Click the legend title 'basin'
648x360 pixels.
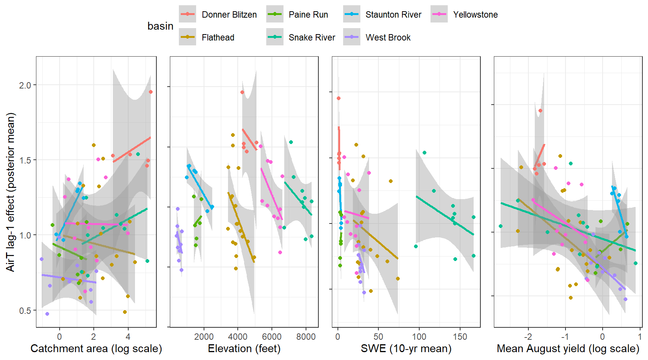[160, 26]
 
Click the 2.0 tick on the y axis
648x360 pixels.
[25, 85]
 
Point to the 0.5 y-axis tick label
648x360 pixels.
[25, 310]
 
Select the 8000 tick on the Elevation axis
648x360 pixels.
[306, 337]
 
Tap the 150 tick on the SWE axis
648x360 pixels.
[460, 337]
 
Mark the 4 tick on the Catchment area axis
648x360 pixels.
[128, 337]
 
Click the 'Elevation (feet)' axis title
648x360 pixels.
[244, 349]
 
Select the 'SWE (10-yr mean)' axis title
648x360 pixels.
[406, 349]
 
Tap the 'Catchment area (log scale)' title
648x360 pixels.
[96, 349]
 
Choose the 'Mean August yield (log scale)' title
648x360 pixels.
[568, 349]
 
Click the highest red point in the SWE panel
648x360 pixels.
[339, 98]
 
